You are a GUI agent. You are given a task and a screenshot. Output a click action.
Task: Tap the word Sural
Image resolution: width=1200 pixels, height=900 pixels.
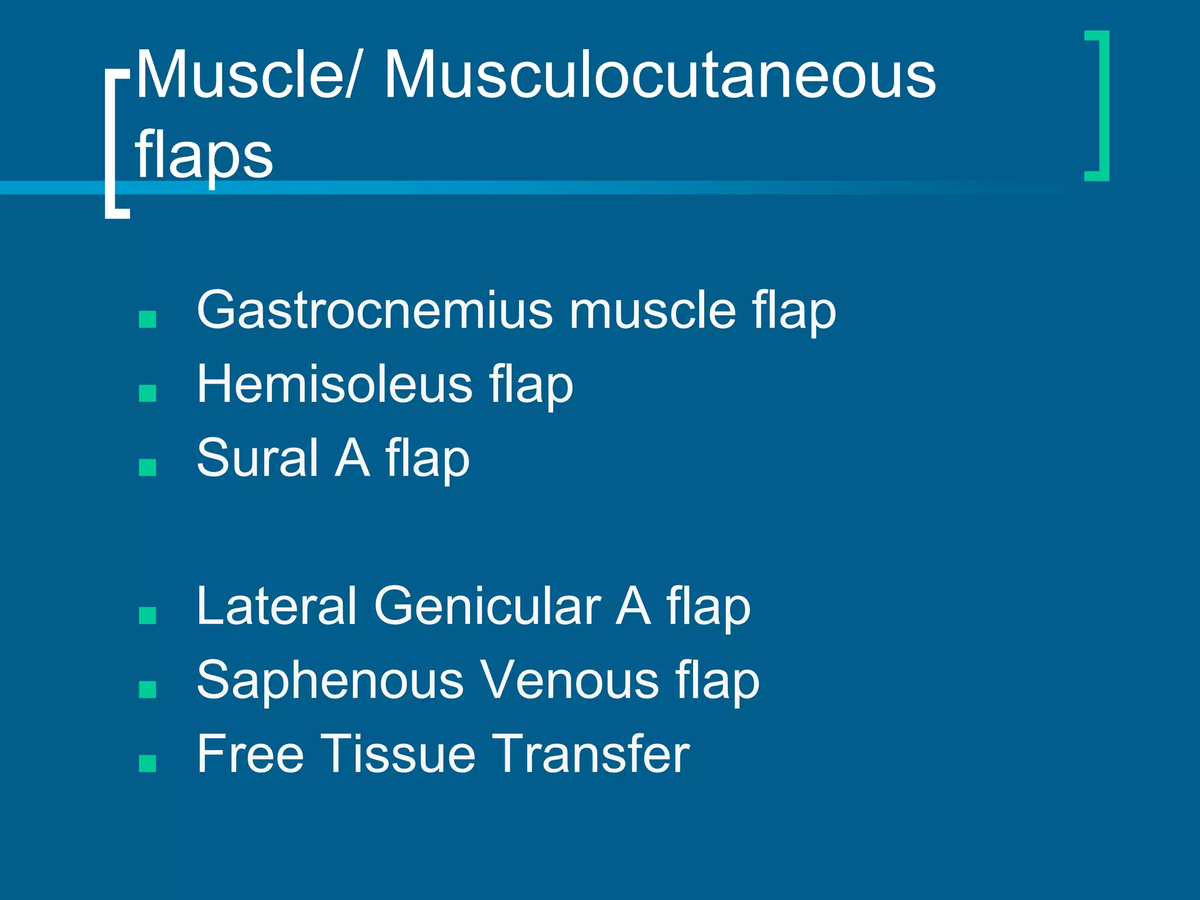(258, 458)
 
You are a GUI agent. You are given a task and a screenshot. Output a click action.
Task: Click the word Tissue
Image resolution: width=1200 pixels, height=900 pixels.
(398, 754)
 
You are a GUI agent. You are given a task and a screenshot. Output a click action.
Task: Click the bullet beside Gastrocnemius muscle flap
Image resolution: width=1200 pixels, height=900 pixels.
(148, 319)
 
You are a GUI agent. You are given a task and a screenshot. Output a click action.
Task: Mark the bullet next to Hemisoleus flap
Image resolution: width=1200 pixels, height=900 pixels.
(148, 393)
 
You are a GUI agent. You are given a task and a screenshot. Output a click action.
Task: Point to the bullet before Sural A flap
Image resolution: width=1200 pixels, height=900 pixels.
(148, 467)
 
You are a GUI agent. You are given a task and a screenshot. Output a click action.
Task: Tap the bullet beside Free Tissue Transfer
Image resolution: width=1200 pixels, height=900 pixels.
(148, 763)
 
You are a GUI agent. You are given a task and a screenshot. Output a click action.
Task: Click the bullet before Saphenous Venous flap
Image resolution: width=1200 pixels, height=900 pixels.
(148, 689)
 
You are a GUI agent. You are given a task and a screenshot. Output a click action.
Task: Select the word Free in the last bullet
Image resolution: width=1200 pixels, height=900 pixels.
(250, 754)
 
